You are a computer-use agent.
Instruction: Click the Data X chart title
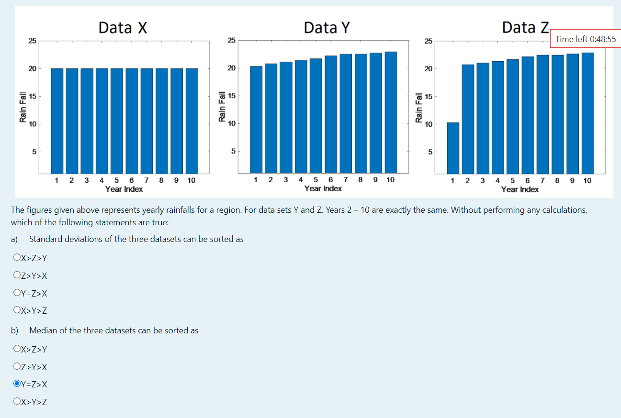pos(123,27)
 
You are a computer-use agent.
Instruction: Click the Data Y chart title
pos(327,27)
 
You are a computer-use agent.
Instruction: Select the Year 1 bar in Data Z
pos(453,148)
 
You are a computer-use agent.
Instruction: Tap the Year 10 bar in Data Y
pos(391,112)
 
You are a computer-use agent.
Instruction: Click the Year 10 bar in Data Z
pos(587,113)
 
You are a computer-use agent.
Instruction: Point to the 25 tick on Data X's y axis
pos(33,41)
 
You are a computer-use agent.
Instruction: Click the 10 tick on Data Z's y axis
pos(428,124)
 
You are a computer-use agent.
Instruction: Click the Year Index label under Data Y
pos(323,188)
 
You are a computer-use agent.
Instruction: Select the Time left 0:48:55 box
pos(586,39)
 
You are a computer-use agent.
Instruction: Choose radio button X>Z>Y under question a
pos(17,258)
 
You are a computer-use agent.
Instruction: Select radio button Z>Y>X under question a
pos(17,275)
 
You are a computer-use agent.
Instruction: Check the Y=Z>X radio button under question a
pos(17,293)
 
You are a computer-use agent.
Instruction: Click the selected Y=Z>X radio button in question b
pos(17,384)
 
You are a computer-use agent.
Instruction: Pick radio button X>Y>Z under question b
pos(17,401)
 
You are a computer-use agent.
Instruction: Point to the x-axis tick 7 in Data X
pos(147,180)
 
